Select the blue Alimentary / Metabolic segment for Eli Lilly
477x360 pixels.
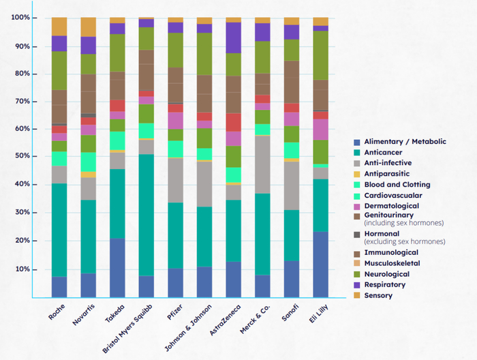pos(320,264)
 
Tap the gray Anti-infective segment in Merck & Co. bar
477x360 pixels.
pos(262,164)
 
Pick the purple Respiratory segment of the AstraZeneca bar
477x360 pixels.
pos(234,37)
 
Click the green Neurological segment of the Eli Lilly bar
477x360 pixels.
pos(320,55)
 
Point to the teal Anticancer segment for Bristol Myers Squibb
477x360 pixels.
pos(147,215)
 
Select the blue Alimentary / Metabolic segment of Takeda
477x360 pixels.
pos(117,267)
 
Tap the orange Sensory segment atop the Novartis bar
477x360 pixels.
pos(89,27)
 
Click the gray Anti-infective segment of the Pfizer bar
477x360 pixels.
pos(175,180)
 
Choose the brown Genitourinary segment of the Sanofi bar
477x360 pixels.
pos(292,81)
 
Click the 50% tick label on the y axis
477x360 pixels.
pos(21,156)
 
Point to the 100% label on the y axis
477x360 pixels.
pos(20,17)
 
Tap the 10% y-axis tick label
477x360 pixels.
pos(21,269)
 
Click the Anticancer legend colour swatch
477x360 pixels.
pos(356,152)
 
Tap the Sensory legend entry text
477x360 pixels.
pos(379,295)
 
